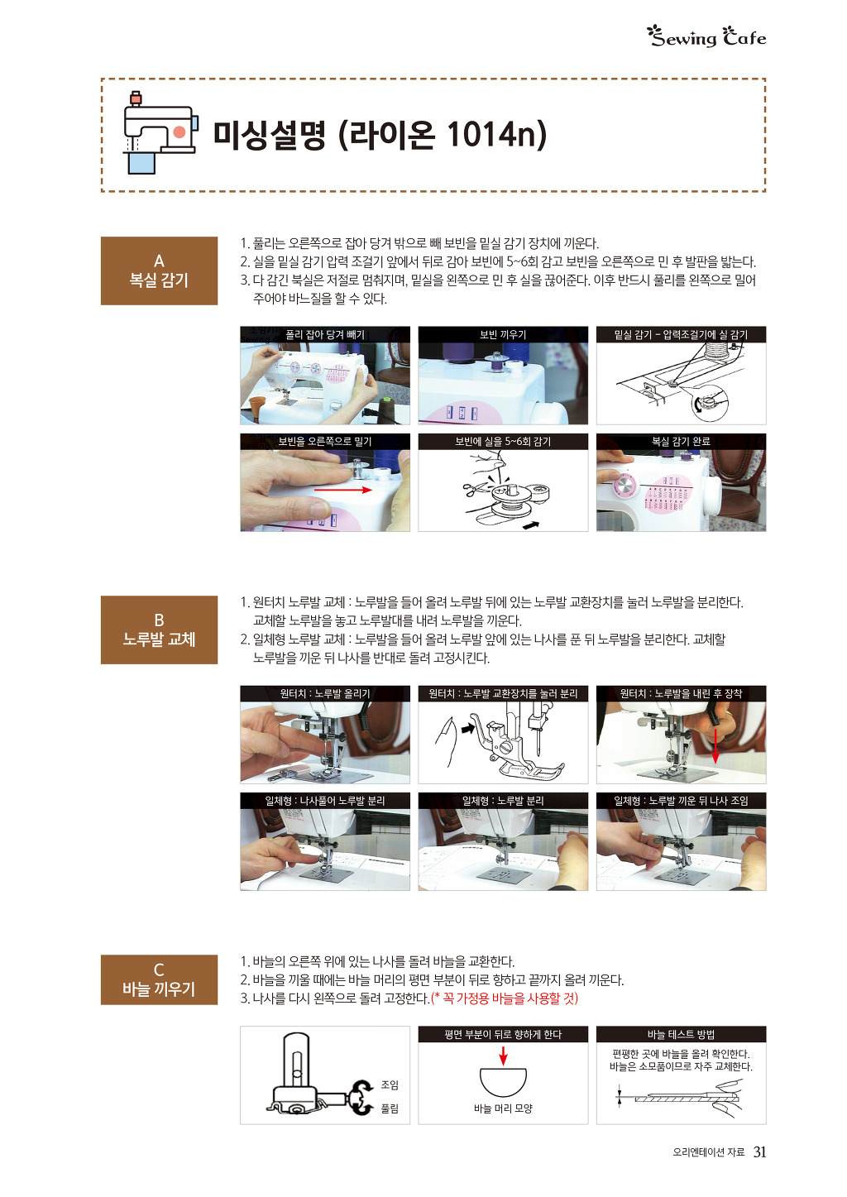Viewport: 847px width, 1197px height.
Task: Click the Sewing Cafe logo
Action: pyautogui.click(x=707, y=37)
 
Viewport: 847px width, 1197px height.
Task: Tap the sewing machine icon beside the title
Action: pyautogui.click(x=160, y=132)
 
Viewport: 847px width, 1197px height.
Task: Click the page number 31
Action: pyautogui.click(x=759, y=1152)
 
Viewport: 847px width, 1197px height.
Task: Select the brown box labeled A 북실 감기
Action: pyautogui.click(x=160, y=271)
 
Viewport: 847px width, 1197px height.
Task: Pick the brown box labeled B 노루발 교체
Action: pyautogui.click(x=160, y=630)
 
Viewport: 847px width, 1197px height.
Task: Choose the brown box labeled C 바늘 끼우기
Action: pyautogui.click(x=160, y=979)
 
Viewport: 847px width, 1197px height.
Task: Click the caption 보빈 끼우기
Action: pyautogui.click(x=503, y=334)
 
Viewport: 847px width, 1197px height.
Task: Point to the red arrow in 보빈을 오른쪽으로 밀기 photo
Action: pyautogui.click(x=342, y=490)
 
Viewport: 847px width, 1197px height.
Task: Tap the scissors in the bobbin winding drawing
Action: pyautogui.click(x=476, y=488)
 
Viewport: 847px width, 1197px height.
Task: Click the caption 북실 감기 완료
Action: pyautogui.click(x=681, y=442)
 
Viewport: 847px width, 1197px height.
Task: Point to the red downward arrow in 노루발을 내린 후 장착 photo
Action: pyautogui.click(x=715, y=746)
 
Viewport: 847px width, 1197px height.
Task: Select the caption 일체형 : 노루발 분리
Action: pyautogui.click(x=503, y=801)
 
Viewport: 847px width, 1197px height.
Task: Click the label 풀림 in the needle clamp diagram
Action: pyautogui.click(x=390, y=1108)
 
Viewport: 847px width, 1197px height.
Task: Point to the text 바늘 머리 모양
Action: pyautogui.click(x=503, y=1108)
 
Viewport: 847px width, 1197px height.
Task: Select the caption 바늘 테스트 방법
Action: pyautogui.click(x=681, y=1035)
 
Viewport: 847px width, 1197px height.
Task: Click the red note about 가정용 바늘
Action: pyautogui.click(x=505, y=998)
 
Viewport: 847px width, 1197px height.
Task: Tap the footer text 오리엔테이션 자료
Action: pyautogui.click(x=709, y=1152)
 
